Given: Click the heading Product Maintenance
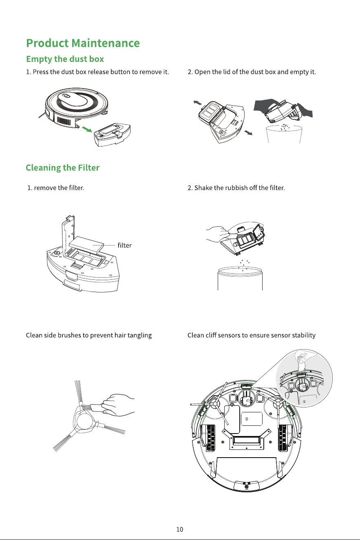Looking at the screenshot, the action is point(83,43).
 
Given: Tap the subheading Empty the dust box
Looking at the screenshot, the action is point(65,59).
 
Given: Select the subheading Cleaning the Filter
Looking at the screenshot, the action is point(62,168).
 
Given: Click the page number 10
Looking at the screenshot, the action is point(180,529).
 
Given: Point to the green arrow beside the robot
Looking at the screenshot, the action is point(87,129).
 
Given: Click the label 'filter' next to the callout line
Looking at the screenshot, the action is point(125,246).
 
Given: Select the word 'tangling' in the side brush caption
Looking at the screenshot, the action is point(139,335).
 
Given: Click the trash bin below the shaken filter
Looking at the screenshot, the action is point(240,279).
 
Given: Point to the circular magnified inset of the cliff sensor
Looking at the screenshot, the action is point(304,378).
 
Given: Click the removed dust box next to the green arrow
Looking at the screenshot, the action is point(112,135).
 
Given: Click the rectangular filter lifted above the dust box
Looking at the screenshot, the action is point(86,245).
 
